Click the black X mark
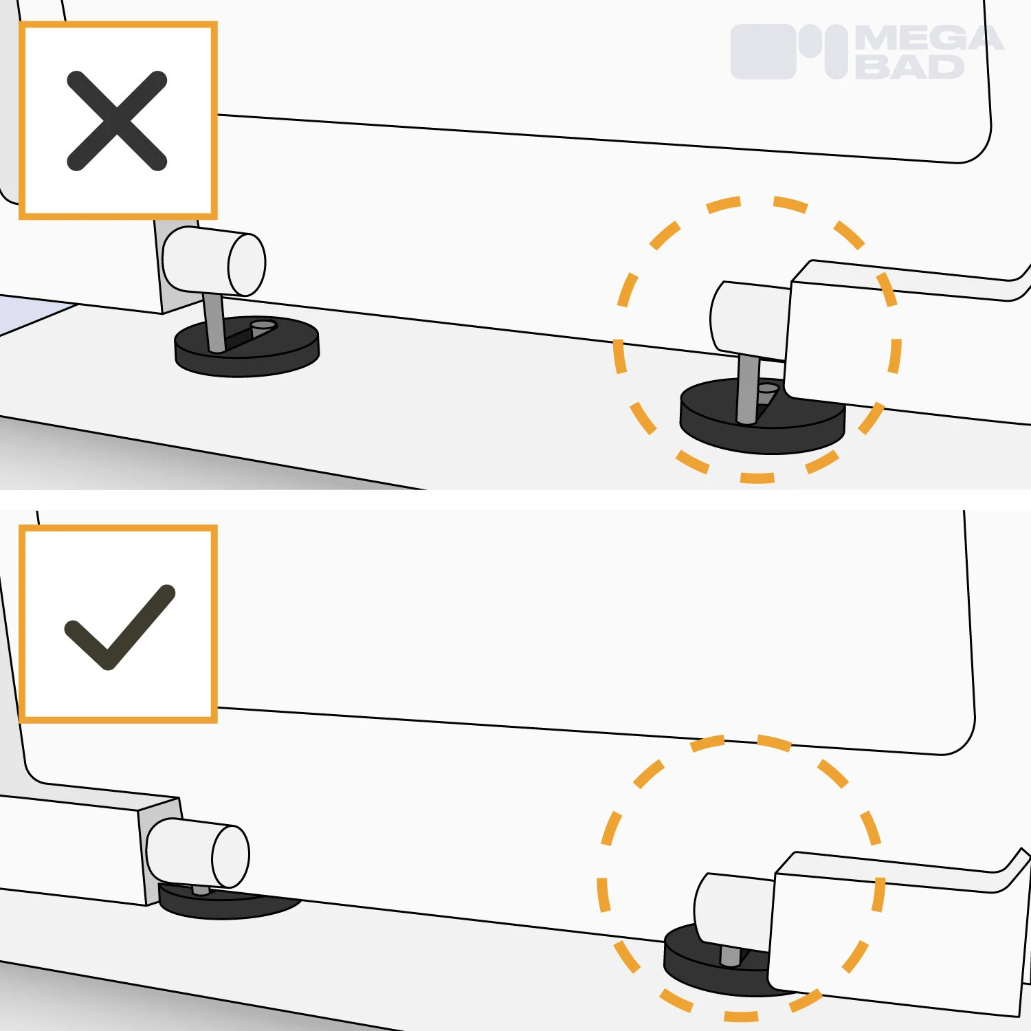(x=117, y=120)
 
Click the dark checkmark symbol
(x=120, y=627)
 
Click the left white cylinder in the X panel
(x=214, y=262)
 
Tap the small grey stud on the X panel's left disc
(x=263, y=327)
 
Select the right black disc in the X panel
(x=762, y=417)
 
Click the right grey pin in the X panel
(x=746, y=388)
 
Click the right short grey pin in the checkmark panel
(x=730, y=955)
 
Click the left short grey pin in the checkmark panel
(x=201, y=891)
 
